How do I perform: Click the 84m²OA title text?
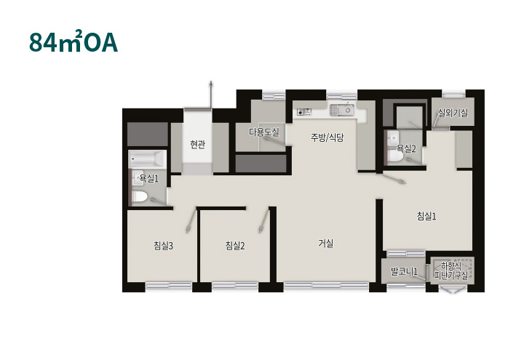tap(74, 41)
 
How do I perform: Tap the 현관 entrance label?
tap(197, 145)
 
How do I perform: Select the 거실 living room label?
tap(326, 243)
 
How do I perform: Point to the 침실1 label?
tap(426, 216)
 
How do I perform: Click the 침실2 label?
tap(235, 246)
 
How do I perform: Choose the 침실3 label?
tap(164, 246)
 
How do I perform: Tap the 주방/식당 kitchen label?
tap(327, 137)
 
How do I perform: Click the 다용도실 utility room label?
tap(264, 132)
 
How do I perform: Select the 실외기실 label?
tap(453, 113)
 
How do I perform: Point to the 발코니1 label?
tap(405, 271)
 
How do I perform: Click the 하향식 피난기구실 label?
tap(451, 271)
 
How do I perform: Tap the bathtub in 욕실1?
tap(147, 159)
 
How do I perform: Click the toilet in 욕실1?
tap(140, 196)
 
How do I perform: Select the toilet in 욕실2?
tap(397, 156)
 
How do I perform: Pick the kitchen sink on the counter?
tap(341, 110)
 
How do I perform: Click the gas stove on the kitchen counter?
tap(303, 111)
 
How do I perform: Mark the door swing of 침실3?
tap(191, 221)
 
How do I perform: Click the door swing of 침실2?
tap(263, 221)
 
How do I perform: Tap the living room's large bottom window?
tap(326, 286)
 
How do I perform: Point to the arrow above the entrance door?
tap(211, 95)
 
